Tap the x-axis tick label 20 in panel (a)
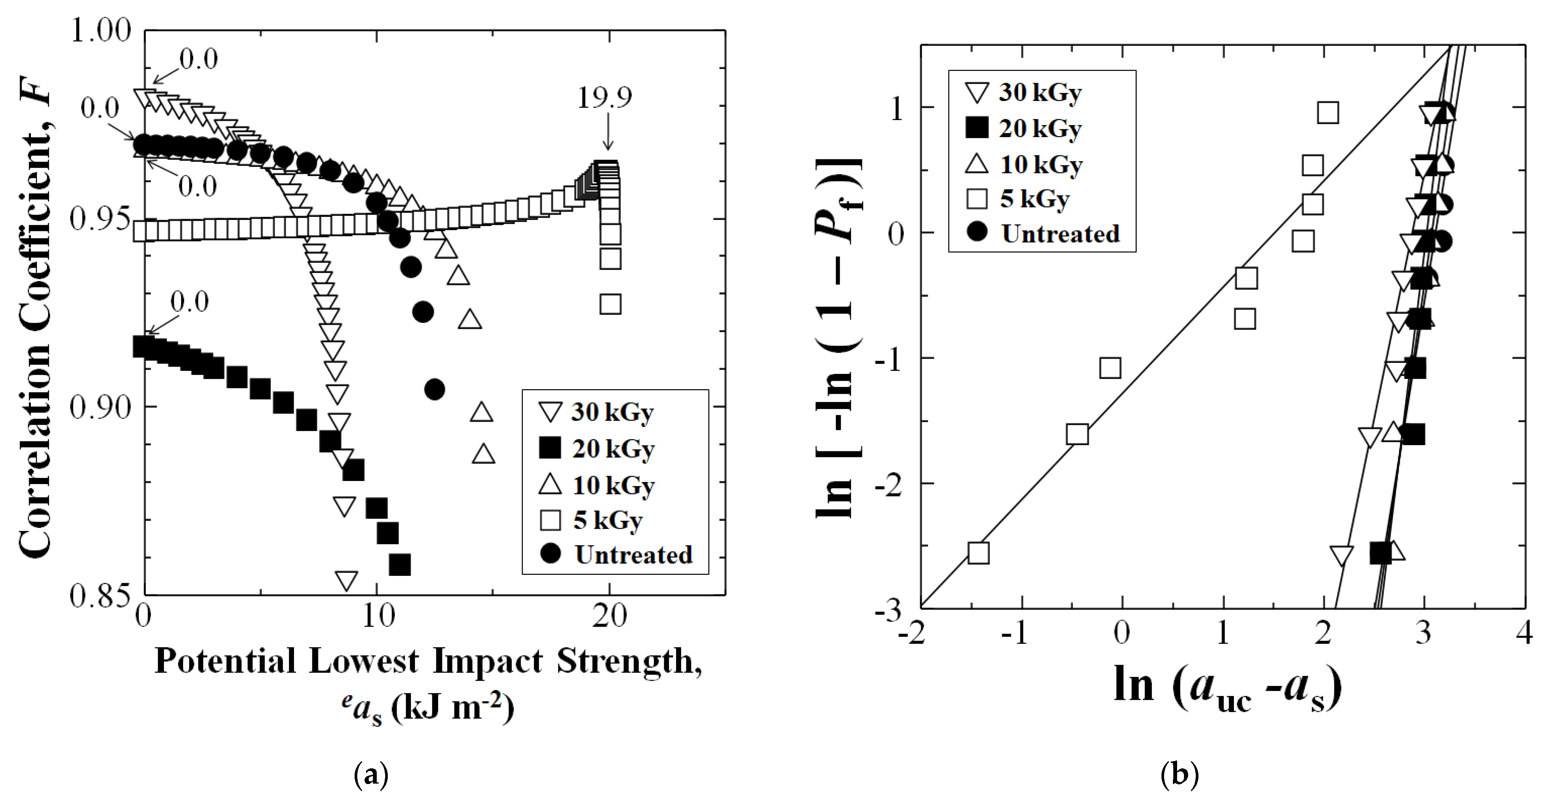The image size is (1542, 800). click(609, 616)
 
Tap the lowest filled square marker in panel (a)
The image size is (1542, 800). click(399, 564)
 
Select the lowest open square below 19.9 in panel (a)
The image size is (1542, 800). click(610, 304)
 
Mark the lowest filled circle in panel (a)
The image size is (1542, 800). click(435, 390)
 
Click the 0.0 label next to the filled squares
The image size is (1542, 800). click(189, 302)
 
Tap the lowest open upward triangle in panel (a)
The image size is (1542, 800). click(483, 454)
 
